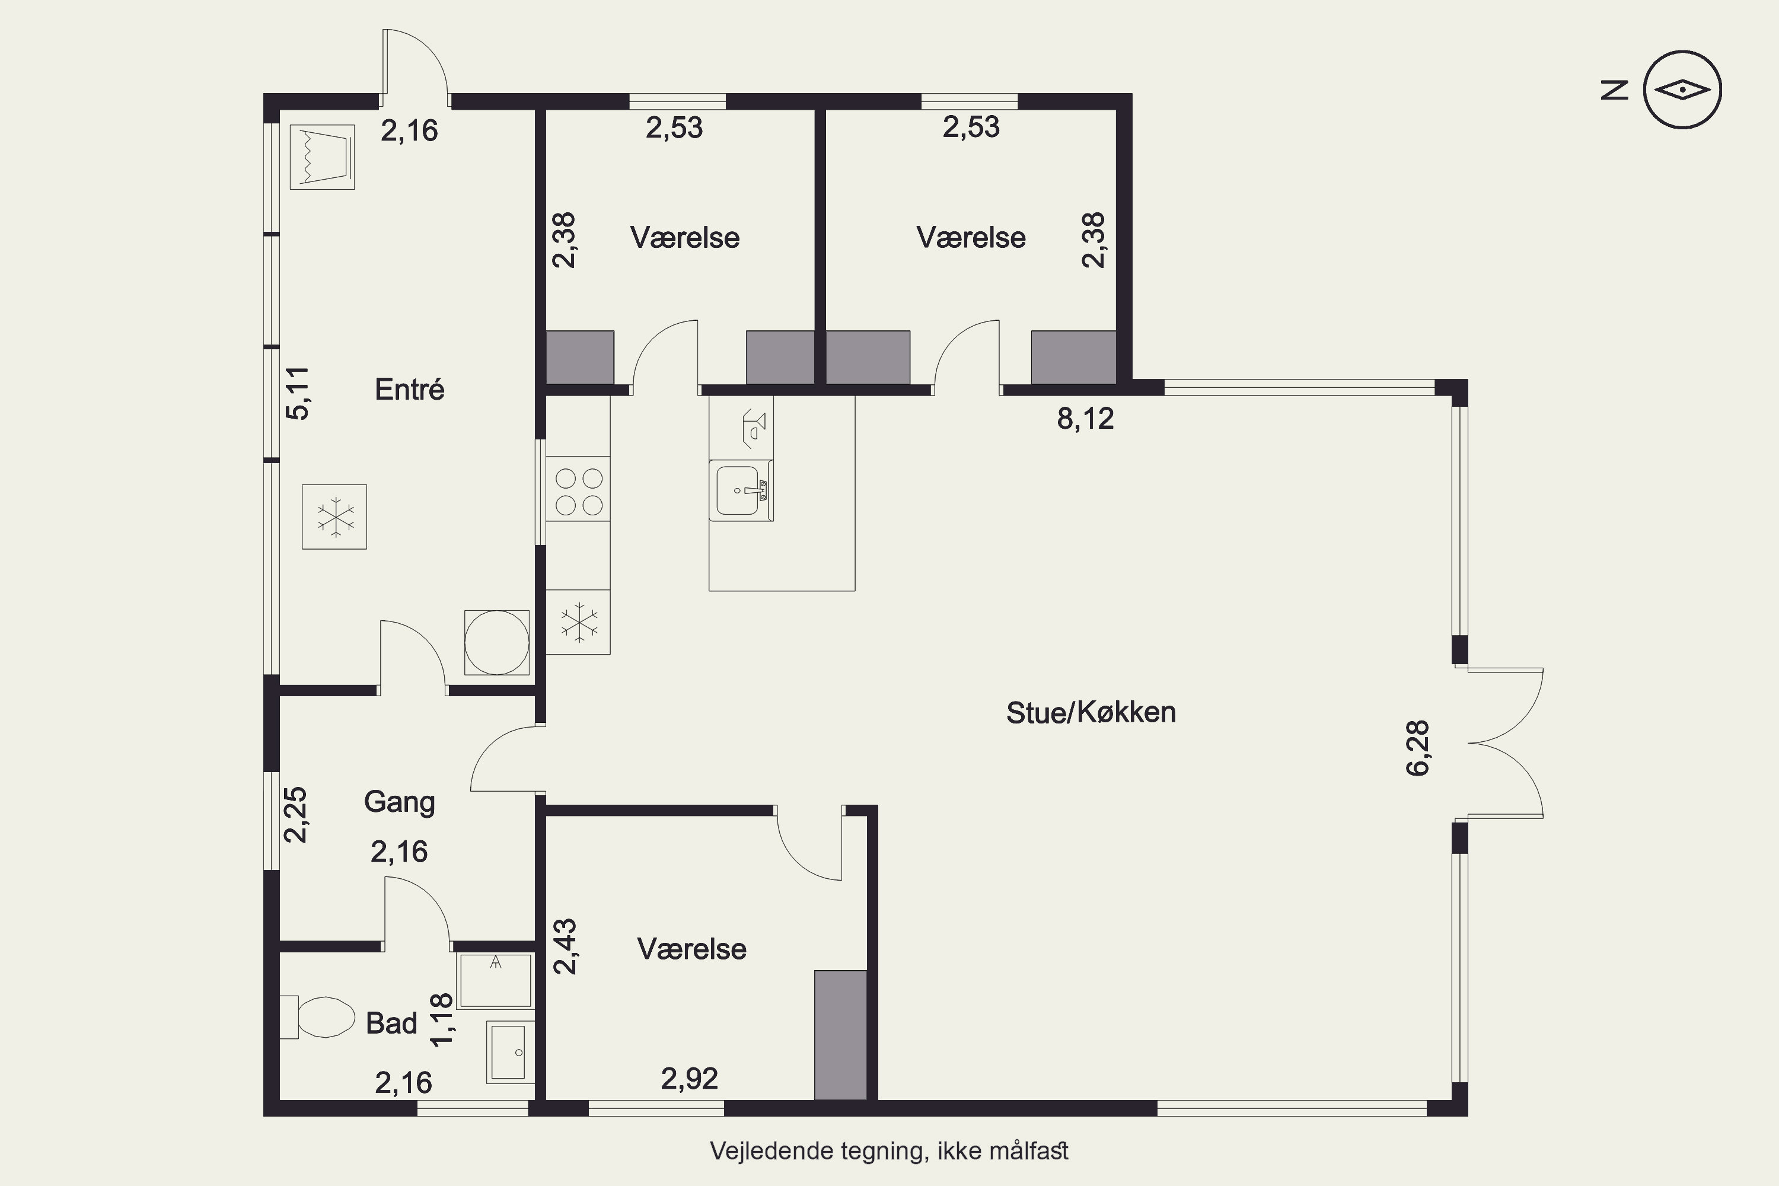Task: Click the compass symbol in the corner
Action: tap(1682, 90)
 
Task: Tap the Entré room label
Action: tap(409, 390)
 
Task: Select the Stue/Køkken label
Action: tap(1091, 713)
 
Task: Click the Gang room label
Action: tap(399, 802)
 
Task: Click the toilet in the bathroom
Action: tap(318, 1018)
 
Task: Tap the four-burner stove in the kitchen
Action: tap(578, 489)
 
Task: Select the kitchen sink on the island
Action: tap(741, 490)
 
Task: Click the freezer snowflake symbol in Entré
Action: tap(334, 517)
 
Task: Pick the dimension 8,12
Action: tap(1085, 418)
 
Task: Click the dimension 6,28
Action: tap(1417, 748)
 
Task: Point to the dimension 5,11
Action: tap(297, 393)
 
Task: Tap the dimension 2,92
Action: tap(689, 1079)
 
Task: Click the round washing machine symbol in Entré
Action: tap(496, 642)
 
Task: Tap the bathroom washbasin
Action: tap(510, 1052)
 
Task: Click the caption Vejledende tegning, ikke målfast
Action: tap(889, 1151)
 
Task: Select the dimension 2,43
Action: tap(565, 946)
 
